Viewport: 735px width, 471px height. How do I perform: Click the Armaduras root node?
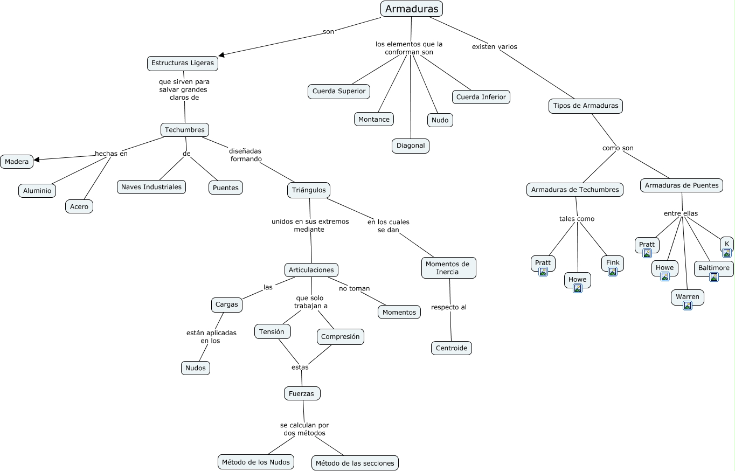pos(412,9)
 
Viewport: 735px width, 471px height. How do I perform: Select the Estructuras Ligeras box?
pos(183,63)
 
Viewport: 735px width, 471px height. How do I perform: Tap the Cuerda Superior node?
pos(338,91)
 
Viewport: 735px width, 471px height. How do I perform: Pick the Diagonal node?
pos(411,146)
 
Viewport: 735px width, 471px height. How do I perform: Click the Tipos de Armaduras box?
pos(585,106)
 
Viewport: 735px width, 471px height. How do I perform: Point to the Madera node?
pos(17,162)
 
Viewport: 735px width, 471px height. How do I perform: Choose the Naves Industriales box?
pos(151,187)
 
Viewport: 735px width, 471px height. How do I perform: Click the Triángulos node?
pos(309,190)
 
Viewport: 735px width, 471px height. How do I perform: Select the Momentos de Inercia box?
pos(448,268)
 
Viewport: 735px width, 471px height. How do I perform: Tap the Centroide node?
pos(452,348)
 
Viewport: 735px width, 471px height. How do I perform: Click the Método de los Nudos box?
pos(256,462)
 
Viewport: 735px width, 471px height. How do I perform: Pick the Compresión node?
pos(340,337)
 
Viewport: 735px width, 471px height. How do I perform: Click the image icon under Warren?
pos(688,306)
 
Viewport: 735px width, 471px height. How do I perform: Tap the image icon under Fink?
pos(613,272)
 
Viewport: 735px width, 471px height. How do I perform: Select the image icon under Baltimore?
pos(714,277)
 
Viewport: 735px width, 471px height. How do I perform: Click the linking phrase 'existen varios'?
pos(495,46)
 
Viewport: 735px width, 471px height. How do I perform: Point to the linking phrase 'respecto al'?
pos(448,307)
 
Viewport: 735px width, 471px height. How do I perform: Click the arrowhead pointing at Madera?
pos(37,160)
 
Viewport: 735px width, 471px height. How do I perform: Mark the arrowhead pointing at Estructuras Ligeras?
pos(221,55)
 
